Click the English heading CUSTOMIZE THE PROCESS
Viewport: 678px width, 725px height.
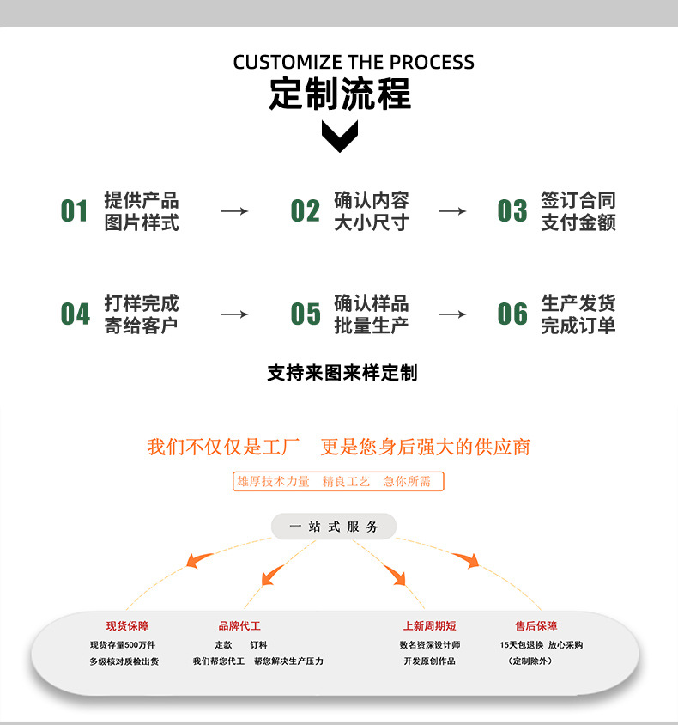[x=354, y=62]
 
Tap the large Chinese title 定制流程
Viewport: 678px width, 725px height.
[x=340, y=94]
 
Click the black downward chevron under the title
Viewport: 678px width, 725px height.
[x=340, y=137]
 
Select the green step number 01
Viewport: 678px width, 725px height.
[x=74, y=210]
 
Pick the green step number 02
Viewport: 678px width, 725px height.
[x=305, y=210]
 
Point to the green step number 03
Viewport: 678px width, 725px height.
[x=512, y=210]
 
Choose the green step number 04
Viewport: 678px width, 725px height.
[x=75, y=314]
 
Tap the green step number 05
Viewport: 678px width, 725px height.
[x=306, y=314]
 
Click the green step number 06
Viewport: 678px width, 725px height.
[x=512, y=314]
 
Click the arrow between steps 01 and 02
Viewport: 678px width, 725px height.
[x=234, y=211]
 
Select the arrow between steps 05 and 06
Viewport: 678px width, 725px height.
[x=452, y=314]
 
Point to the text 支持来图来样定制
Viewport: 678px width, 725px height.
[x=342, y=373]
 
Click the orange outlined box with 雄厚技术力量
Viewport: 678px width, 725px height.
[x=338, y=481]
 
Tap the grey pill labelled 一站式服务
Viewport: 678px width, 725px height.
[x=334, y=527]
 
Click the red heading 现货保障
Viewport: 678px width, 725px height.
[x=128, y=626]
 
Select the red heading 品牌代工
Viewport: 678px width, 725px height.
[x=239, y=626]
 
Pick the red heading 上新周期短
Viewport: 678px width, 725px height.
[x=429, y=626]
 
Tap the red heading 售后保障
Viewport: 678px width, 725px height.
[x=536, y=626]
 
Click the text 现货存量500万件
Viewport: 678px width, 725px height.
[x=123, y=645]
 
